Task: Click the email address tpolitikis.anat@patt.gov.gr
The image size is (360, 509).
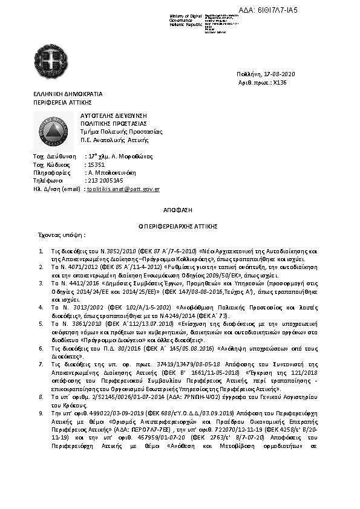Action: click(x=123, y=189)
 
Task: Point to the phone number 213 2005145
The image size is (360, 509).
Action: click(x=106, y=180)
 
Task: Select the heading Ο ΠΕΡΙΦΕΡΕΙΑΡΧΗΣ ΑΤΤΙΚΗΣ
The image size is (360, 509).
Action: click(x=180, y=225)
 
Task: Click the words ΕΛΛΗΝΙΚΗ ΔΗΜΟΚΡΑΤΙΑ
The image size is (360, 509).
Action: click(x=68, y=94)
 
